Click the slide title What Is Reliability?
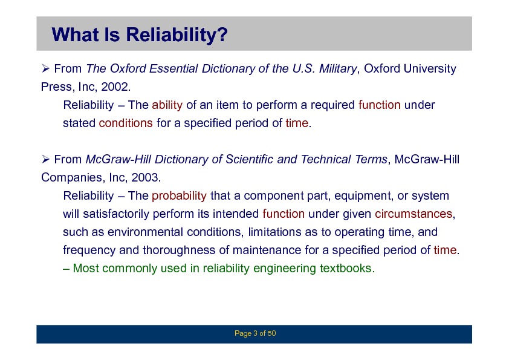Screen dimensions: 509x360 click(x=140, y=34)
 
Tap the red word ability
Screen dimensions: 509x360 click(x=167, y=105)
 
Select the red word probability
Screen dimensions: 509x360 click(x=179, y=196)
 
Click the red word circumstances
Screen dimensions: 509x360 click(x=413, y=214)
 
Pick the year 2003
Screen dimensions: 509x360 click(x=144, y=177)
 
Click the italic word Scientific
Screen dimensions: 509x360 click(x=250, y=160)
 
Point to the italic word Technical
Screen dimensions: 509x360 click(x=326, y=160)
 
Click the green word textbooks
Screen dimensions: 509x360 click(x=345, y=269)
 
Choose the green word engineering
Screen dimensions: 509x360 click(x=284, y=269)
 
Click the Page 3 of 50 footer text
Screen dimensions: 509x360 click(x=255, y=333)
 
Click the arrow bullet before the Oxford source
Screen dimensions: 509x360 click(x=45, y=68)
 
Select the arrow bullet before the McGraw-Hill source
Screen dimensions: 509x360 click(x=45, y=159)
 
